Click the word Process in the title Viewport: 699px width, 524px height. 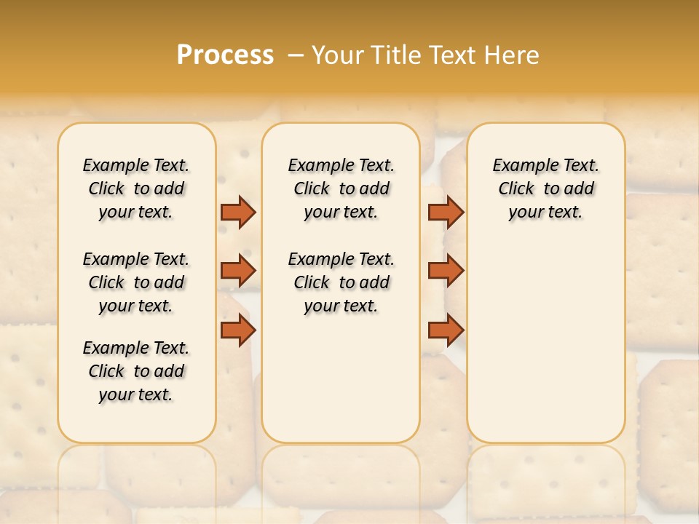point(225,55)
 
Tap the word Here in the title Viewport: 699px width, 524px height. point(513,55)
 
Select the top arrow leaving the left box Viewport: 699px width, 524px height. point(237,212)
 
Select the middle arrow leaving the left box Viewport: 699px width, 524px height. point(237,270)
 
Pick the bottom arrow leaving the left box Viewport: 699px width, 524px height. point(237,330)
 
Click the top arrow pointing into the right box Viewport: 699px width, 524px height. point(446,212)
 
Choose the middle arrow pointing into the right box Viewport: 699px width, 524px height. point(446,270)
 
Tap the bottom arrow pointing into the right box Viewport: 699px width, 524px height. point(446,330)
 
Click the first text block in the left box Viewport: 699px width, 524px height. point(136,188)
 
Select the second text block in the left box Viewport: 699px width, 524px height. point(136,282)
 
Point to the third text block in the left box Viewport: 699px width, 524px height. point(136,371)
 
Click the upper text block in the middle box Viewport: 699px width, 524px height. point(341,188)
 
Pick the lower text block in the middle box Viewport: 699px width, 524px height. point(341,282)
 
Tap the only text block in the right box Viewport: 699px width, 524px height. point(545,188)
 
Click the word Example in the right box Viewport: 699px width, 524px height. point(518,166)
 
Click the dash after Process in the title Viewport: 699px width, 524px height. point(296,55)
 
